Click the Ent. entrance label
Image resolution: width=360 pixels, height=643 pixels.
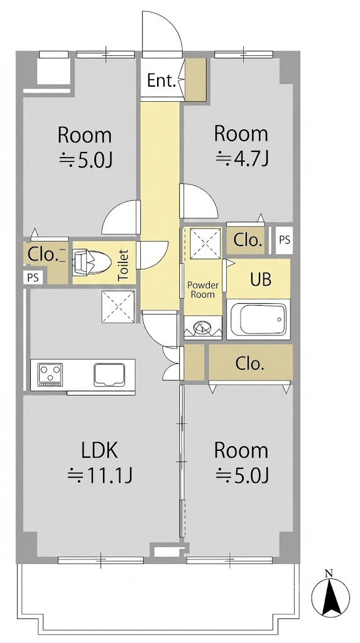(161, 81)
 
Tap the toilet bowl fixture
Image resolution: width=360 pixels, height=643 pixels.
(92, 262)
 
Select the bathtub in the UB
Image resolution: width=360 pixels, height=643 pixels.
(258, 320)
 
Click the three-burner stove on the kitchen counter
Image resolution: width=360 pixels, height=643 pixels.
(50, 375)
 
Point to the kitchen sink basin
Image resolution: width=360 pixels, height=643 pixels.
(109, 375)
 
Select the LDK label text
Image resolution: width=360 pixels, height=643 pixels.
(99, 450)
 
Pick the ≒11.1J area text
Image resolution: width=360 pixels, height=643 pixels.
(99, 476)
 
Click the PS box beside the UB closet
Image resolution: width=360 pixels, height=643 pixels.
(285, 240)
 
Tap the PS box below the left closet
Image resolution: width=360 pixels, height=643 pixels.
(33, 278)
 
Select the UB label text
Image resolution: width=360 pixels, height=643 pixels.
(261, 279)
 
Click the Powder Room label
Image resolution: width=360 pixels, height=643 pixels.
(203, 289)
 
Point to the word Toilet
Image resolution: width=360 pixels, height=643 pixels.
(123, 266)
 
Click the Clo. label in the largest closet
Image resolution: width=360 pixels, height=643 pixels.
(249, 364)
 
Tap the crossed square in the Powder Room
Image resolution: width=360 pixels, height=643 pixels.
(205, 244)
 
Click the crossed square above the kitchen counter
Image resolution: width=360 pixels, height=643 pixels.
(118, 306)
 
